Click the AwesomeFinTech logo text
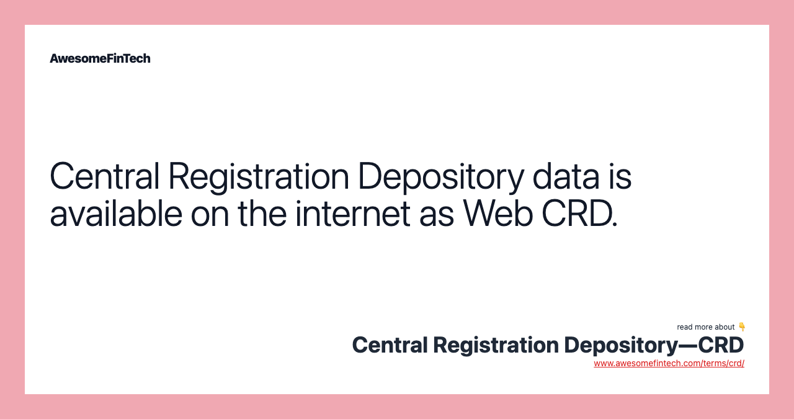(x=100, y=58)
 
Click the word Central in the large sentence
(x=105, y=176)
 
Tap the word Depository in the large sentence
(x=441, y=178)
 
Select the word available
(x=116, y=214)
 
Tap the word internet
(x=353, y=214)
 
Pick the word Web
(x=498, y=214)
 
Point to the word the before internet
(x=262, y=214)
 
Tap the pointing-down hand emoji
(x=741, y=327)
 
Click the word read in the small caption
(x=684, y=327)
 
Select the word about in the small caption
(x=725, y=327)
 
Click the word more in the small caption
(x=703, y=328)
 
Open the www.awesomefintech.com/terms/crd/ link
(x=669, y=363)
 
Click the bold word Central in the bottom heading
(x=390, y=345)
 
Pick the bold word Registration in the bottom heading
(x=496, y=346)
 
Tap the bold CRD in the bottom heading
(x=721, y=345)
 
